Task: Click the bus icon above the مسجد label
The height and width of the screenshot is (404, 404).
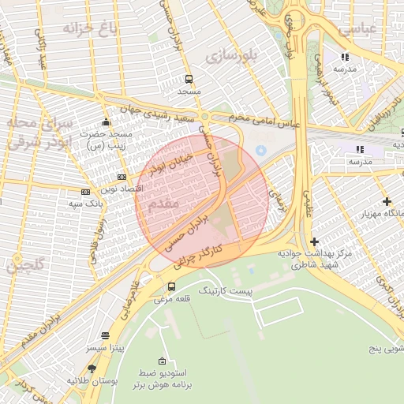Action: (x=189, y=80)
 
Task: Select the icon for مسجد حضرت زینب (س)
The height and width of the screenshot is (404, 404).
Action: (x=107, y=123)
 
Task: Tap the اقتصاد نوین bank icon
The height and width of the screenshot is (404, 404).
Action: (x=122, y=178)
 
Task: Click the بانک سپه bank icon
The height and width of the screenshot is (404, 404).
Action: (x=85, y=192)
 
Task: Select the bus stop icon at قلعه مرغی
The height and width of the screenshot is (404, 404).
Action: (x=172, y=286)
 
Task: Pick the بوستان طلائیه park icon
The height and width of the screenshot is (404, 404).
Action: (x=92, y=368)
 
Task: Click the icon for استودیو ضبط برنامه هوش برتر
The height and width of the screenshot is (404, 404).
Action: (x=163, y=360)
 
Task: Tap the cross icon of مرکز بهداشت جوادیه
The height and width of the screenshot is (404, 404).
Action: (x=314, y=241)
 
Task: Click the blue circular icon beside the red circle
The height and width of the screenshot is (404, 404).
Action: (x=261, y=150)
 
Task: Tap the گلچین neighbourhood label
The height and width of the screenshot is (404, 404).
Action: (x=26, y=265)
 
